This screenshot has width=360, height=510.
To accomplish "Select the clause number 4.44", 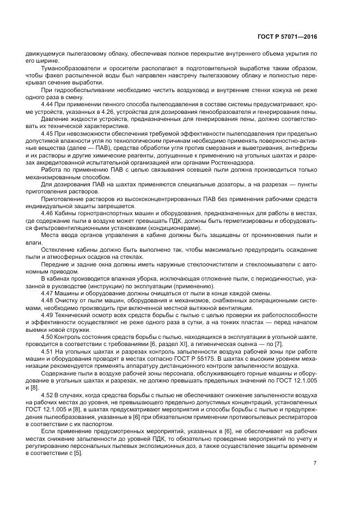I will click(48, 103).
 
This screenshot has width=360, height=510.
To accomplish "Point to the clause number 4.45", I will click(48, 132).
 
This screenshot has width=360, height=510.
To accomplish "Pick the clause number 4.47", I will click(48, 294).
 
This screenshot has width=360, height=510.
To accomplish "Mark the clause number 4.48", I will click(48, 301).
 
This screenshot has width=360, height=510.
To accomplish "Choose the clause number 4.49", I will click(48, 315).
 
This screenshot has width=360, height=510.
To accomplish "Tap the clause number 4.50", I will click(48, 338).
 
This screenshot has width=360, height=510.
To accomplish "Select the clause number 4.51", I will click(48, 353).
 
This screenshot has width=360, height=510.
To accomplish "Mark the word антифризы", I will click(303, 147).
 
